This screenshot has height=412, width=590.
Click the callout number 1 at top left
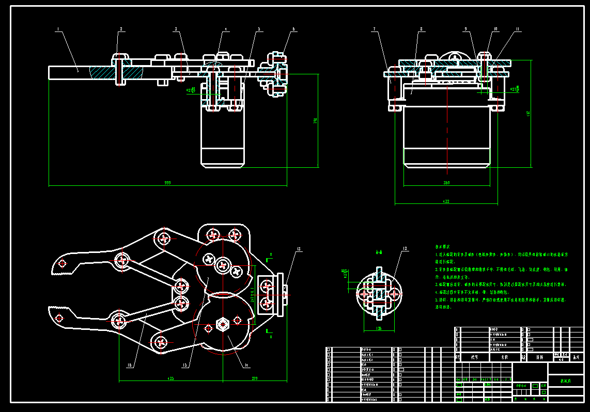click(x=58, y=29)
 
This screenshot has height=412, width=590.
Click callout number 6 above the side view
click(x=294, y=29)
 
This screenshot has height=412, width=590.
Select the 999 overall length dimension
click(x=167, y=183)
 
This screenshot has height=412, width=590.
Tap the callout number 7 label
click(x=374, y=29)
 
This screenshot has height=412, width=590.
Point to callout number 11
click(x=518, y=29)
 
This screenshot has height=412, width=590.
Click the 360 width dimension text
click(x=446, y=183)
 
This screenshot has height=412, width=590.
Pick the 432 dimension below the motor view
click(x=446, y=201)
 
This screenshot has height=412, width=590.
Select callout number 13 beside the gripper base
click(x=299, y=249)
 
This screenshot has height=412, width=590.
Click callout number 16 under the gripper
click(x=129, y=365)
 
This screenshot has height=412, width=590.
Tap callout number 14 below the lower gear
click(x=246, y=365)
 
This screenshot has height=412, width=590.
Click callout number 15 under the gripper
click(x=184, y=365)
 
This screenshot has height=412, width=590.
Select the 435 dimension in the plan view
click(x=170, y=379)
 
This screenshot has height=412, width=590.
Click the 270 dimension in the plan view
click(x=254, y=379)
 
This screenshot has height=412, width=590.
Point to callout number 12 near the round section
click(x=405, y=249)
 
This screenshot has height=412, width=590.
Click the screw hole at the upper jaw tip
click(x=63, y=263)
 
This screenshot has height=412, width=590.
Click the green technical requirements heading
click(x=444, y=247)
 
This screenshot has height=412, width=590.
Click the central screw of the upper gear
click(x=223, y=265)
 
